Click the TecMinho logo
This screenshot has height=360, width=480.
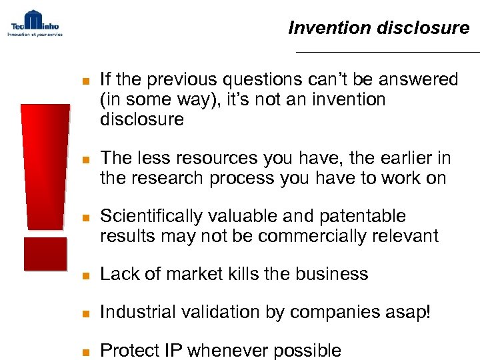coord(35,23)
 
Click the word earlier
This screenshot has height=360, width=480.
coord(395,159)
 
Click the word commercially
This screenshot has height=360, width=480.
coord(313,236)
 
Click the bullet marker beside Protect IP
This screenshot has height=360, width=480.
coord(84,351)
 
